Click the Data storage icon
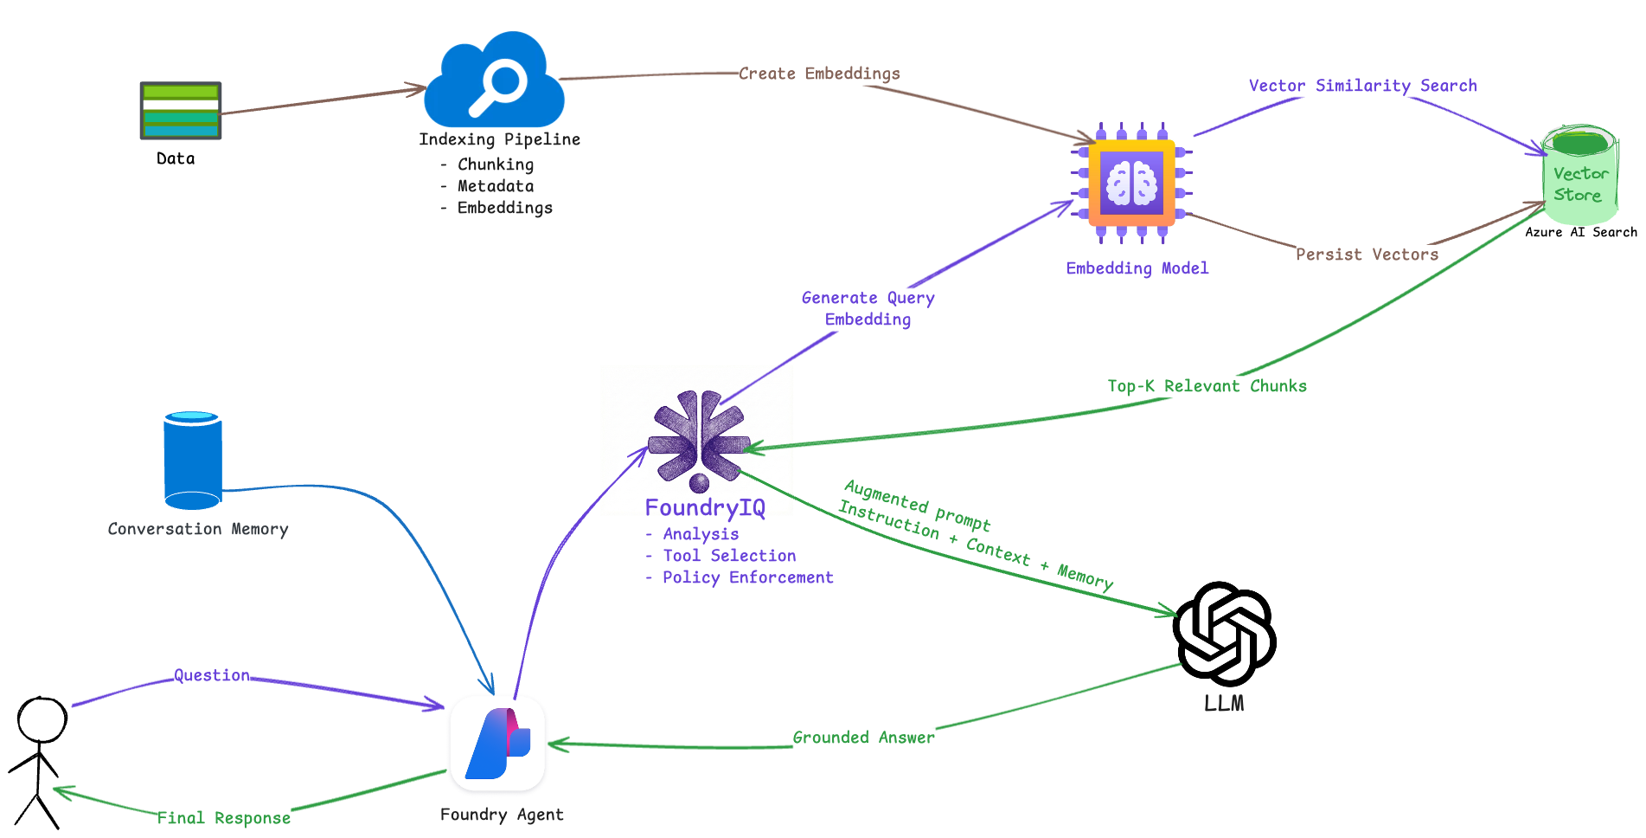pos(180,110)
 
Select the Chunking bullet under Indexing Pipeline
pos(495,164)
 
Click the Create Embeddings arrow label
pos(818,74)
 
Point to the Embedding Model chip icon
pos(1131,184)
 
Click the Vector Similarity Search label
pos(1362,86)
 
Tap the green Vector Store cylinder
pos(1579,176)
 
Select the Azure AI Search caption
pos(1580,232)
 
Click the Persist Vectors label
pos(1367,255)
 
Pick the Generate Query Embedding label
pos(868,308)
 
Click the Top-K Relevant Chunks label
pos(1207,386)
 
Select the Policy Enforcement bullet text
pos(747,577)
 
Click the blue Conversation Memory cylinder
pos(193,461)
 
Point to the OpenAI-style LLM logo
pos(1224,634)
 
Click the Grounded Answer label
pos(863,738)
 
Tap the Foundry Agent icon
pos(497,744)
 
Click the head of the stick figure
pos(42,720)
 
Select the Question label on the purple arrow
pos(212,675)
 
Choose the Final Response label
pos(223,818)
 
